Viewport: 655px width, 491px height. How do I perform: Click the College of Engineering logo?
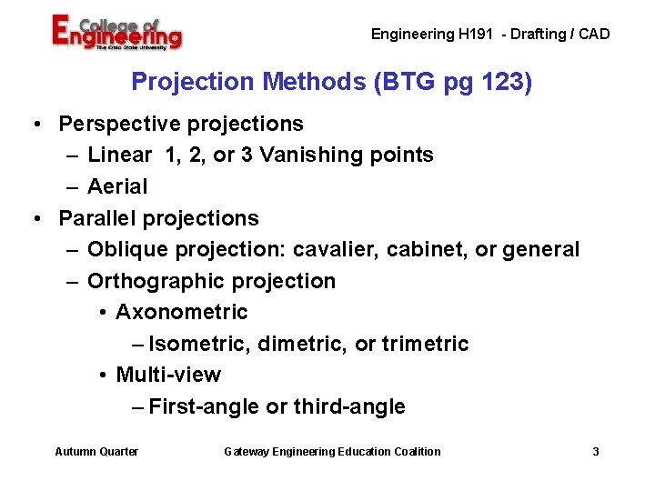tap(116, 35)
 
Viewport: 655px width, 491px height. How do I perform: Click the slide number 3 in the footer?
tap(596, 452)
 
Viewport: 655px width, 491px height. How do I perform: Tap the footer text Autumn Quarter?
tap(96, 452)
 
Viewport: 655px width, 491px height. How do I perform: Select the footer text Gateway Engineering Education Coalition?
tap(332, 452)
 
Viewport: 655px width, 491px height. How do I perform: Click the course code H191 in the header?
tap(476, 35)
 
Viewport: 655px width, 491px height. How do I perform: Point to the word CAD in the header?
tap(593, 35)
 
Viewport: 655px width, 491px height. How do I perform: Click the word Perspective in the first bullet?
tap(115, 124)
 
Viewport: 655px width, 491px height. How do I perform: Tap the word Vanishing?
tap(309, 155)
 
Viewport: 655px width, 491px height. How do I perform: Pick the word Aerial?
tap(117, 187)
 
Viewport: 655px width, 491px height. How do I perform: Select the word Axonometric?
tap(182, 313)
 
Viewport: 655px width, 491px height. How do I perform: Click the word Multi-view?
tap(168, 376)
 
